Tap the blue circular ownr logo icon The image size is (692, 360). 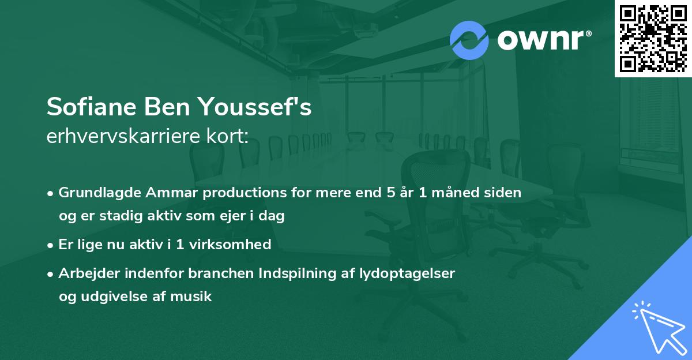pyautogui.click(x=469, y=40)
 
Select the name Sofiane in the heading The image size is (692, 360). pyautogui.click(x=91, y=107)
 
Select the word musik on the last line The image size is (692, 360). pyautogui.click(x=195, y=297)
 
